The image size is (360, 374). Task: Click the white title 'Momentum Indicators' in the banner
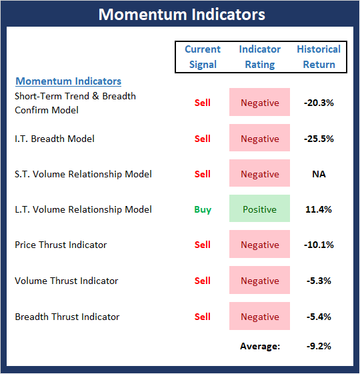click(182, 14)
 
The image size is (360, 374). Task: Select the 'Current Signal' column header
click(203, 57)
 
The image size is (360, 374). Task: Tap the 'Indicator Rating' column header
click(260, 57)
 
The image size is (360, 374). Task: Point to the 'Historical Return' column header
click(319, 57)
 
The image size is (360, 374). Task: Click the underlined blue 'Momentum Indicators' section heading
click(69, 81)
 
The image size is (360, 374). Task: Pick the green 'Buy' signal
click(203, 209)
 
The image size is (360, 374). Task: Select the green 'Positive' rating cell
click(259, 209)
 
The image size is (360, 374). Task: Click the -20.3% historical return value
click(319, 103)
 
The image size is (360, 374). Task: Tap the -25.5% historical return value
click(319, 139)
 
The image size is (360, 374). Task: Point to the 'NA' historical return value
click(319, 174)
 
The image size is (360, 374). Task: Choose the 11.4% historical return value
click(319, 209)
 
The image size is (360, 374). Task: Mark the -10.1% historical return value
click(319, 245)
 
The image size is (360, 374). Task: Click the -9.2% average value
click(319, 346)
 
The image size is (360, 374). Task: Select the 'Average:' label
click(260, 346)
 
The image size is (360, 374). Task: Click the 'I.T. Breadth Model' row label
click(55, 139)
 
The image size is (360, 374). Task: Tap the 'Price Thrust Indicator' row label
click(61, 245)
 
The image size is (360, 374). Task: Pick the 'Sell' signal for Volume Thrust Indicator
click(203, 281)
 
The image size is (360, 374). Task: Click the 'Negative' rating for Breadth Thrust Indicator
click(259, 316)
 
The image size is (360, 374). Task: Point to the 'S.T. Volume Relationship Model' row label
click(83, 174)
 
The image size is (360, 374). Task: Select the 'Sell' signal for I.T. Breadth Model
click(203, 139)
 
